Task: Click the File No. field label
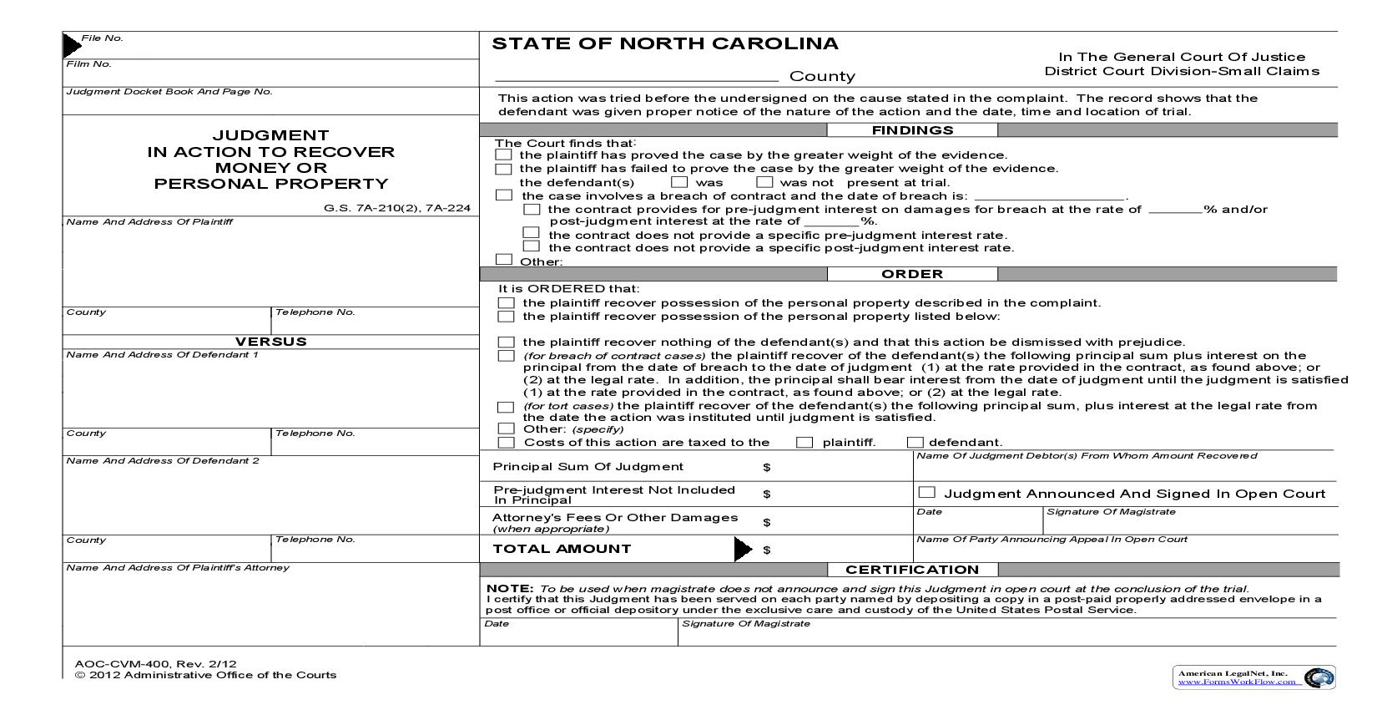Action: click(x=102, y=38)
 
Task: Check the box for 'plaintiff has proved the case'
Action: click(x=503, y=155)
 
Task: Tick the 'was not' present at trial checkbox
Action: click(x=764, y=182)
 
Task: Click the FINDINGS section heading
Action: click(x=912, y=130)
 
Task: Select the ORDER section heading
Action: click(x=912, y=274)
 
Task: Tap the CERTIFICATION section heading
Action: click(x=912, y=570)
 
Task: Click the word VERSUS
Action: click(x=270, y=342)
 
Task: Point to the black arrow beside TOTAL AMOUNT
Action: click(x=742, y=549)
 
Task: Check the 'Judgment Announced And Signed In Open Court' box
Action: click(x=926, y=493)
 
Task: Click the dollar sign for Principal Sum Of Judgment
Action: click(x=766, y=468)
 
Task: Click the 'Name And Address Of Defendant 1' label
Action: click(x=162, y=355)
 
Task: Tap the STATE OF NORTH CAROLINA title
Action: click(x=665, y=43)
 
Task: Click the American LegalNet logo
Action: click(x=1255, y=677)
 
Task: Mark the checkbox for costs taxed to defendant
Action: click(x=915, y=443)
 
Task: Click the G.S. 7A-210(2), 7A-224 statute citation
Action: click(x=397, y=208)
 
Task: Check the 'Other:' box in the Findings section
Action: click(x=503, y=260)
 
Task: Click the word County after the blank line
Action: click(x=822, y=76)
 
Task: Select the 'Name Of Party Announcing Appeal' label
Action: click(x=1052, y=540)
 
